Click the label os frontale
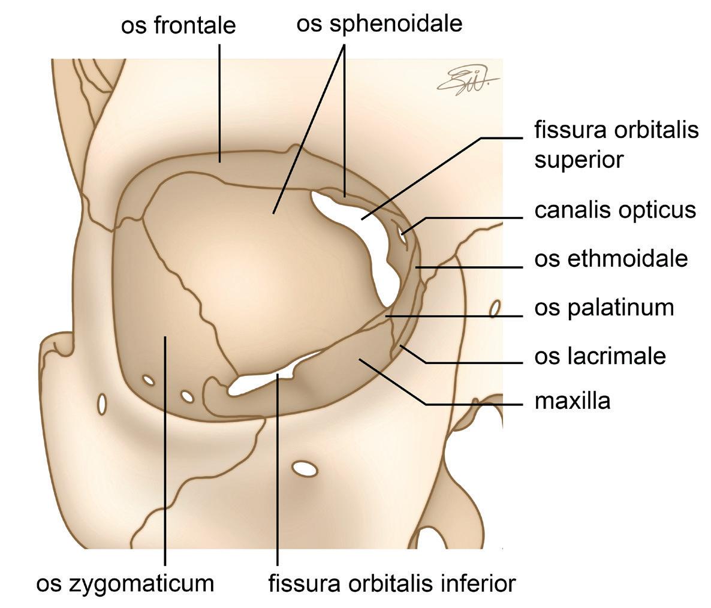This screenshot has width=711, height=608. (x=178, y=26)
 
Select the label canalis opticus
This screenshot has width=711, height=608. (x=615, y=210)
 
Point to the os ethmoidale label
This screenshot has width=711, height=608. (x=611, y=258)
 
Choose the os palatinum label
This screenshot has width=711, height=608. (x=604, y=308)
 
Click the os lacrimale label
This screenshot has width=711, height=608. (x=600, y=356)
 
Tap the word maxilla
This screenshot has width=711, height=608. (x=573, y=401)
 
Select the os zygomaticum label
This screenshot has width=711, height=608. (x=125, y=583)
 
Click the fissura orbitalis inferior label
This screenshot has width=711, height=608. (x=391, y=583)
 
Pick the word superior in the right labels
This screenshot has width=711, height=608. (x=579, y=160)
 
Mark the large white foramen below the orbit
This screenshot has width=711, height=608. (x=306, y=468)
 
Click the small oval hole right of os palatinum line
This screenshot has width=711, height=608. (x=495, y=309)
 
